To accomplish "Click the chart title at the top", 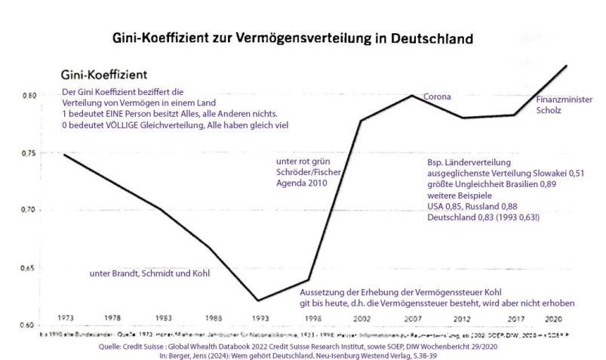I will (292, 37).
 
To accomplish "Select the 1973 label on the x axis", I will (65, 317).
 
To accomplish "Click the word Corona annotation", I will (437, 97).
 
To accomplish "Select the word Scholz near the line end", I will (549, 110).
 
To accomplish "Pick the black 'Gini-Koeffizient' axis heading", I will (103, 75).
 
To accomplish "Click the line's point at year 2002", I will (360, 121).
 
